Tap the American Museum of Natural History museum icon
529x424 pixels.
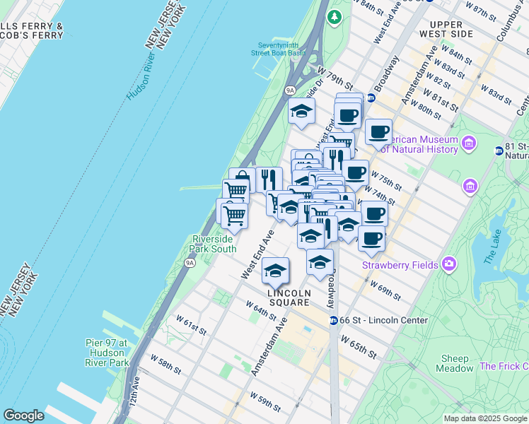point(468,144)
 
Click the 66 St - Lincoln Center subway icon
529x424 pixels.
point(333,320)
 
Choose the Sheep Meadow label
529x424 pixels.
point(455,363)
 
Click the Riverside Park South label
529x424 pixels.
point(214,244)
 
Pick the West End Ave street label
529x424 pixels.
point(257,253)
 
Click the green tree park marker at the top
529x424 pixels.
point(335,16)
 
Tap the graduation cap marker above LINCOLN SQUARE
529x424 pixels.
point(275,271)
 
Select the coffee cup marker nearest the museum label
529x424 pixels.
point(378,131)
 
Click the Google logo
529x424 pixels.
point(23,416)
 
